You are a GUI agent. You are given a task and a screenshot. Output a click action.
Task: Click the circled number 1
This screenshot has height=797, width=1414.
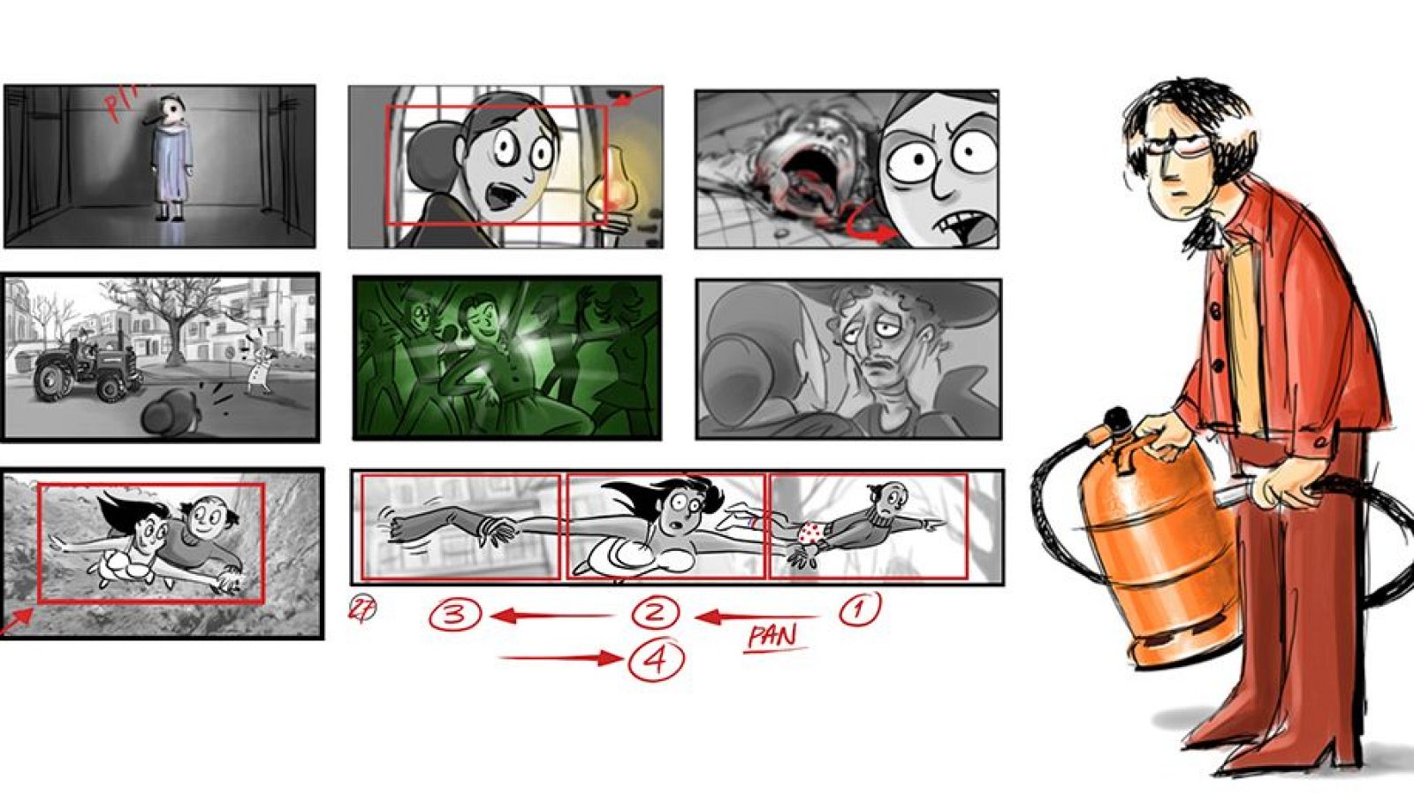[860, 609]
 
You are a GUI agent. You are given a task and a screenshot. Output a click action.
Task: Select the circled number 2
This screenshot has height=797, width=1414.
[656, 612]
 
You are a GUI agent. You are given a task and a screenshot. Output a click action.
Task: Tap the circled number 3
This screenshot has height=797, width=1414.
[455, 614]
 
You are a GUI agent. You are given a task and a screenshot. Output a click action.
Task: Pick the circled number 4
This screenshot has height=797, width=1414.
[656, 660]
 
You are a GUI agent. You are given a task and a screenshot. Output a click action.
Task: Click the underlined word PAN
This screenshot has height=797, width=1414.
[773, 636]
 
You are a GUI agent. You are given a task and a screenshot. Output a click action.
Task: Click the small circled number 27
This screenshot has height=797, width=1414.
[361, 609]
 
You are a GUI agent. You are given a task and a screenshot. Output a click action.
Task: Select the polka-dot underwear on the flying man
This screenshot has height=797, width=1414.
[811, 533]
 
